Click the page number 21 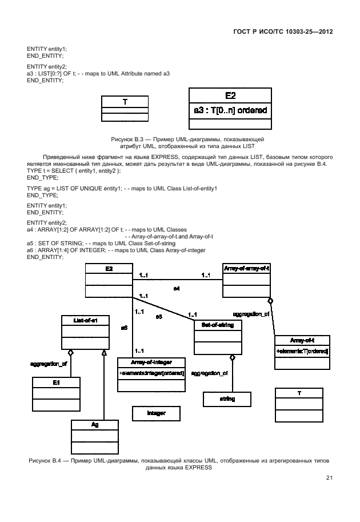(x=329, y=478)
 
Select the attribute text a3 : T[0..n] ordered (x=230, y=110)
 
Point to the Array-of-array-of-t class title (x=246, y=268)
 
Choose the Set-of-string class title (x=218, y=325)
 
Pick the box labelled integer (x=156, y=412)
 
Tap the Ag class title (x=95, y=425)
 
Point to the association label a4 (x=177, y=289)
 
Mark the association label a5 (x=159, y=316)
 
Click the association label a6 (x=123, y=328)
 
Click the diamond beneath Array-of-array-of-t (x=270, y=300)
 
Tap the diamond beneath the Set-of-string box (x=232, y=357)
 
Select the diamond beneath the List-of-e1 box (x=71, y=353)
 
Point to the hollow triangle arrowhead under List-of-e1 (x=104, y=352)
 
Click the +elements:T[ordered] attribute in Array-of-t (x=302, y=350)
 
